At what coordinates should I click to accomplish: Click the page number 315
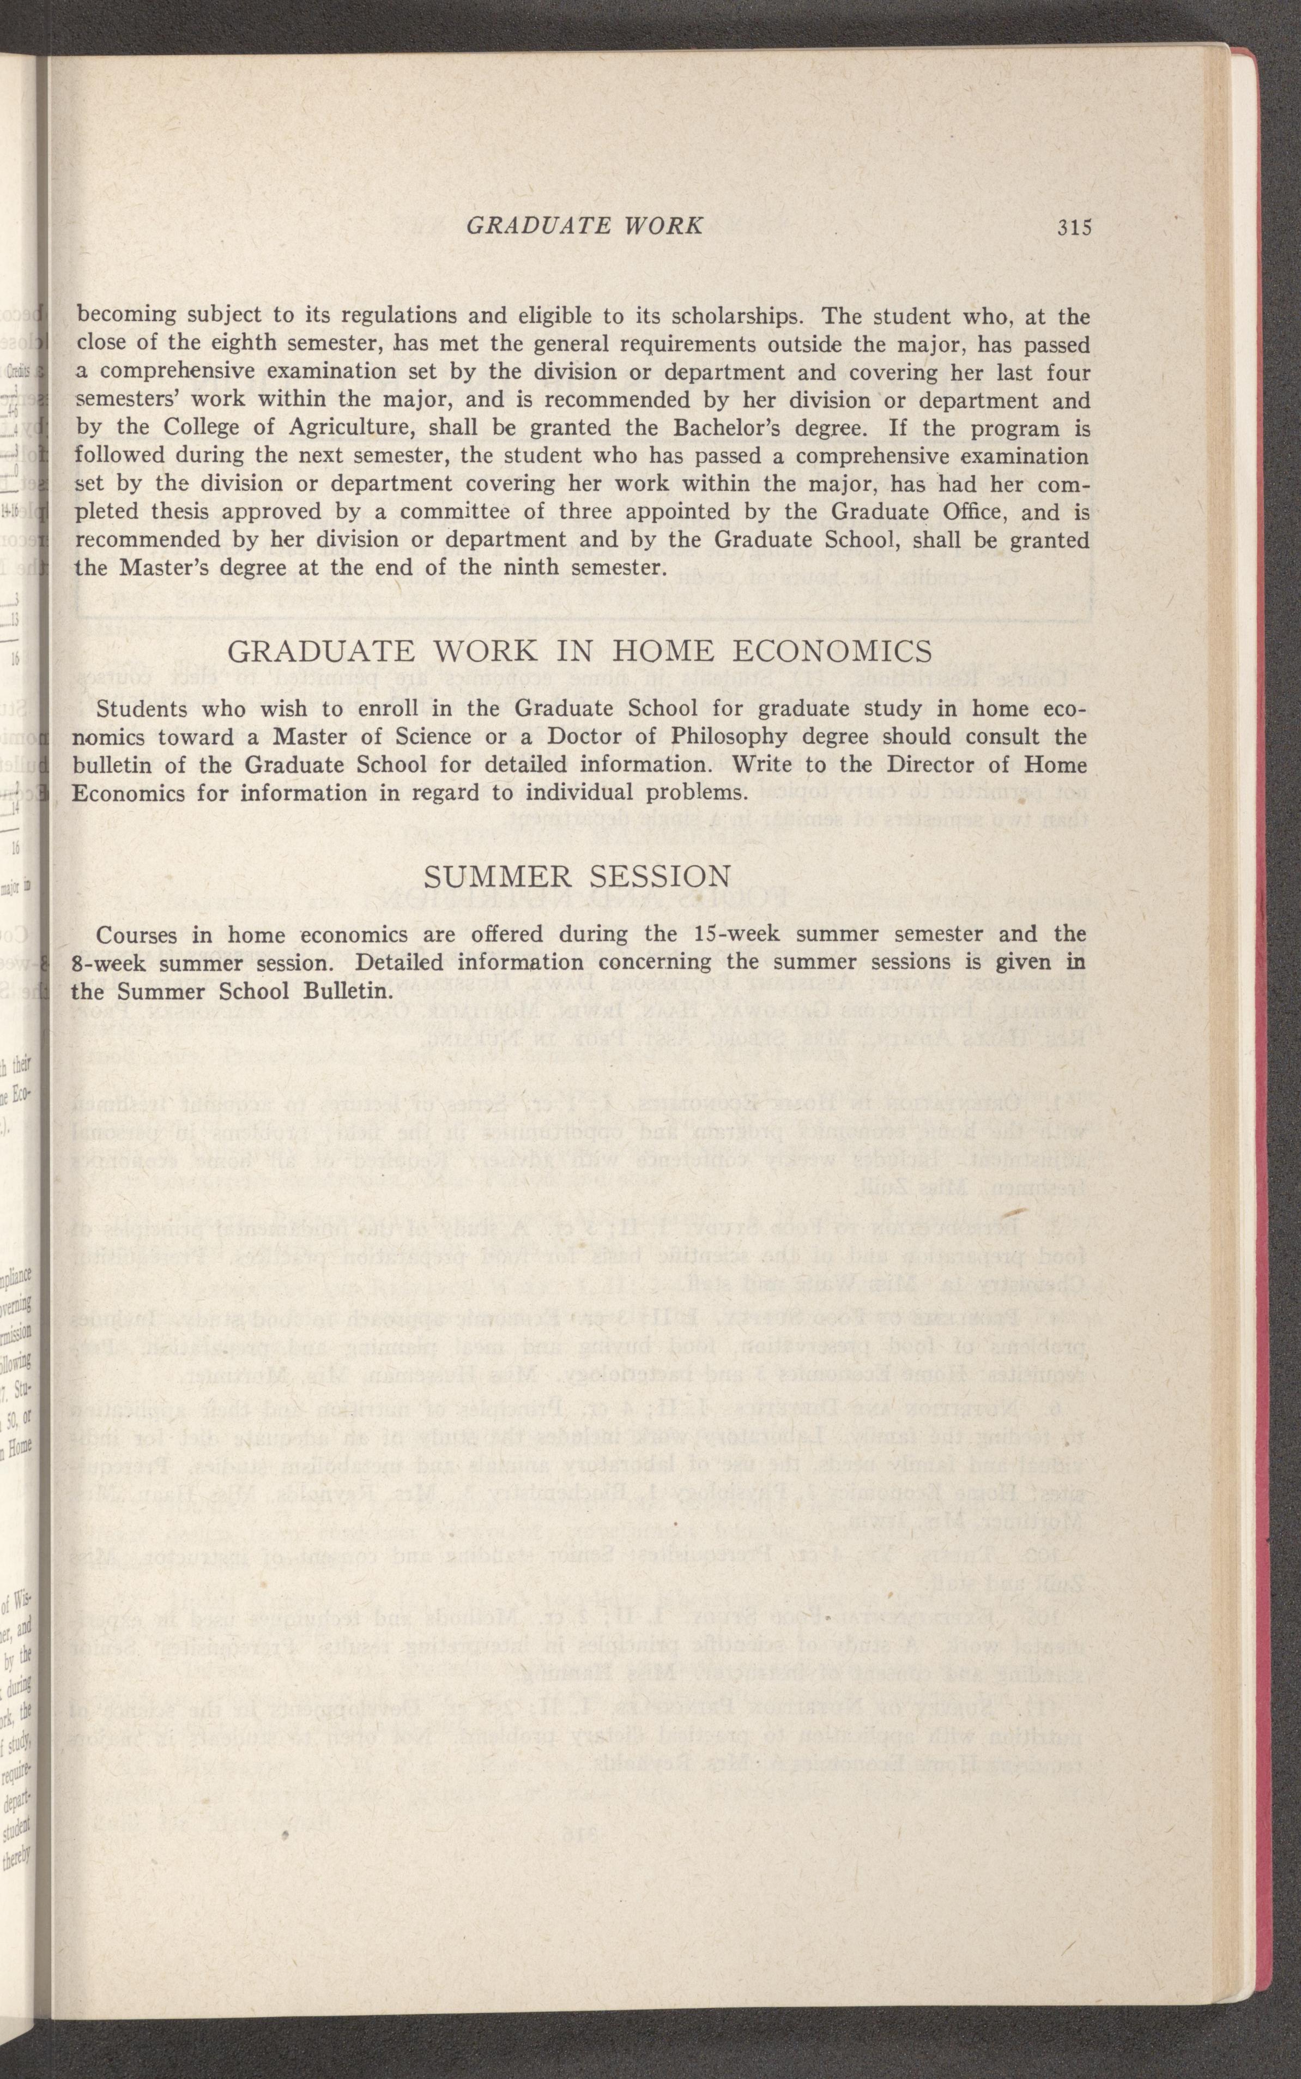point(1075,227)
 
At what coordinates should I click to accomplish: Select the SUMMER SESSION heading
point(577,877)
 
